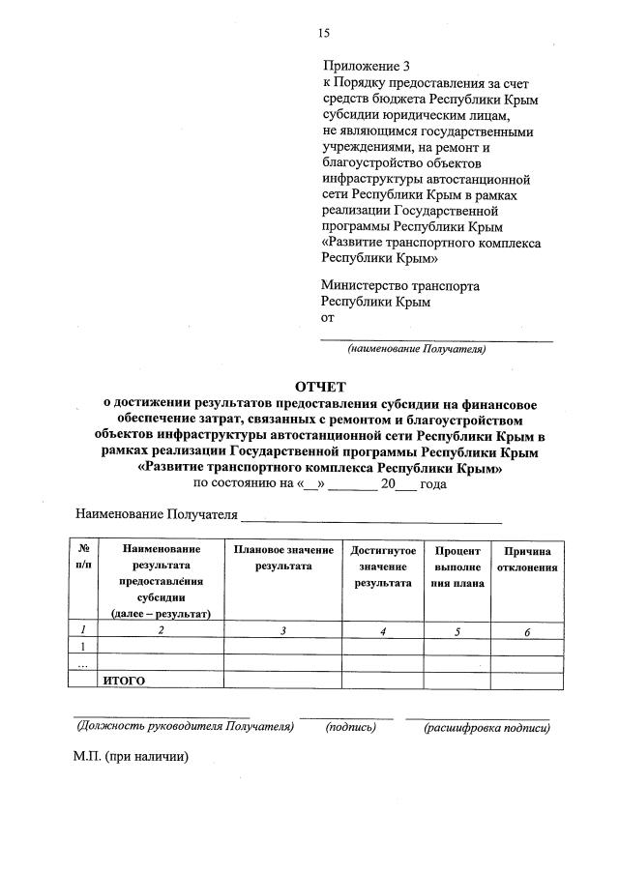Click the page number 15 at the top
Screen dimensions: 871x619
coord(324,33)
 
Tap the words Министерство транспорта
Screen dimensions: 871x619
coord(400,286)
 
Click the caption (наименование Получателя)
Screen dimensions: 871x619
coord(417,349)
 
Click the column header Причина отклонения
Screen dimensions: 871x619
coord(527,558)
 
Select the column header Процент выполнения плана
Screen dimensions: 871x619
coord(457,566)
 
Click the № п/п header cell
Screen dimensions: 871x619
coord(83,558)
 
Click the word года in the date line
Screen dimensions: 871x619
coord(432,484)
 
